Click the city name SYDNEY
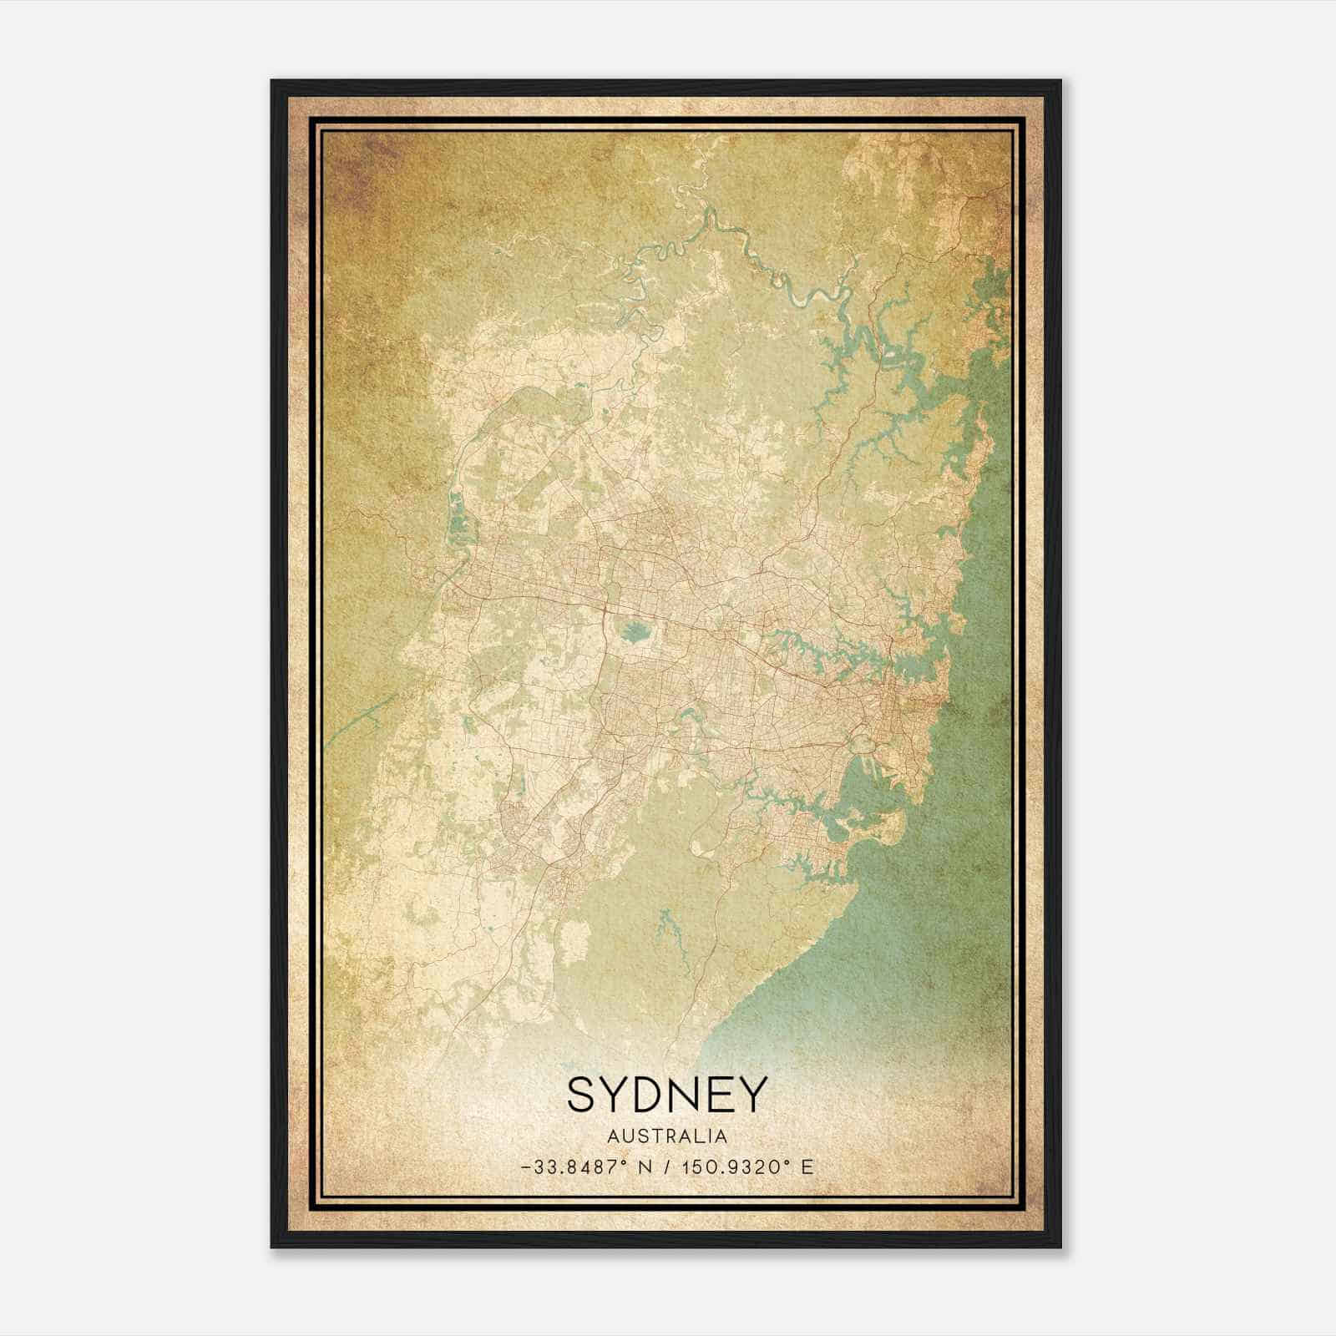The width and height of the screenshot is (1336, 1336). pos(666,1095)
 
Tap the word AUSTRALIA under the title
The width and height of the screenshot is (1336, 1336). pos(666,1136)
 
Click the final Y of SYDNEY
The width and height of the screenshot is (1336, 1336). pos(751,1095)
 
